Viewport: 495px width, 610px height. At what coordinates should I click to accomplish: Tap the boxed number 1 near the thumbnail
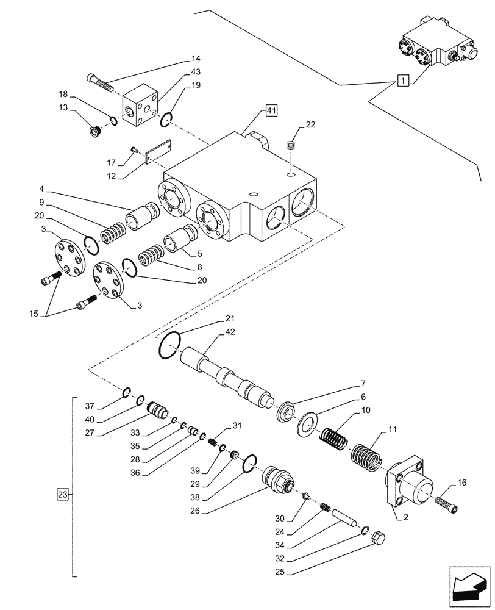click(402, 79)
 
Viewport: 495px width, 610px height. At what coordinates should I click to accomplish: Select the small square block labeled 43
click(141, 106)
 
